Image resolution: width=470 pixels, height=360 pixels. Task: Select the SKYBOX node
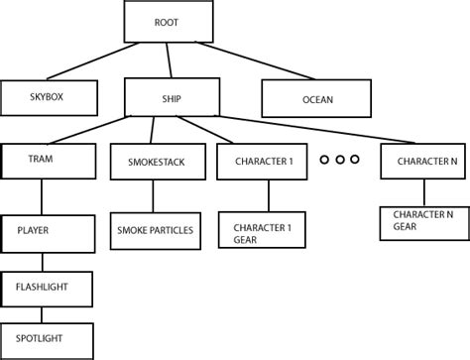50,97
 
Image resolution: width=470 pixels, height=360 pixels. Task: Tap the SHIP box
170,97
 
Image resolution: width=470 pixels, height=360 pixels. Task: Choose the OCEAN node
316,98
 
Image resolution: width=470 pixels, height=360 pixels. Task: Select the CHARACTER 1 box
264,161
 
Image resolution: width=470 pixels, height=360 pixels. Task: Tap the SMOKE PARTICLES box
155,230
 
